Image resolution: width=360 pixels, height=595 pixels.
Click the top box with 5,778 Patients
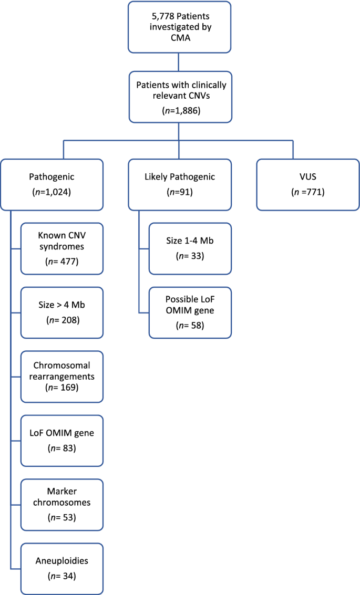click(x=179, y=27)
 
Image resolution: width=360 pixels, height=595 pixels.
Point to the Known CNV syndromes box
click(x=62, y=249)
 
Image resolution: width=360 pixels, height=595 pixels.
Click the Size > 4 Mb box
click(x=62, y=312)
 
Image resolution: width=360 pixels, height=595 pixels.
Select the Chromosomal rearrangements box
click(x=62, y=377)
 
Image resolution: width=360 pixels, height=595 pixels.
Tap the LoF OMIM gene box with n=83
click(x=62, y=441)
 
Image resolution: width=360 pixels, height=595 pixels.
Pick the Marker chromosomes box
click(x=62, y=505)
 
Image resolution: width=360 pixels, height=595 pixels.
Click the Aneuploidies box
click(x=62, y=568)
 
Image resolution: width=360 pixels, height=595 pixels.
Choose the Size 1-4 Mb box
click(x=190, y=249)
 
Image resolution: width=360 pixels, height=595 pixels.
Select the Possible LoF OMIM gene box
click(x=190, y=312)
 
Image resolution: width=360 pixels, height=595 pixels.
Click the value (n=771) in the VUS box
click(x=307, y=192)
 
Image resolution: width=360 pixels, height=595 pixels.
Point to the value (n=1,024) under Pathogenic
click(x=51, y=192)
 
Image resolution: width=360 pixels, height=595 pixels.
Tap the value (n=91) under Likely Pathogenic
click(x=179, y=192)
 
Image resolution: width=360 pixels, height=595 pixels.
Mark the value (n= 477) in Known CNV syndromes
click(x=62, y=261)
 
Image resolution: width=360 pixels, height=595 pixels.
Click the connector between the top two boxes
click(x=179, y=62)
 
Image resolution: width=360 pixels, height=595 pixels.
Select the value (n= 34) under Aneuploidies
click(x=62, y=576)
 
